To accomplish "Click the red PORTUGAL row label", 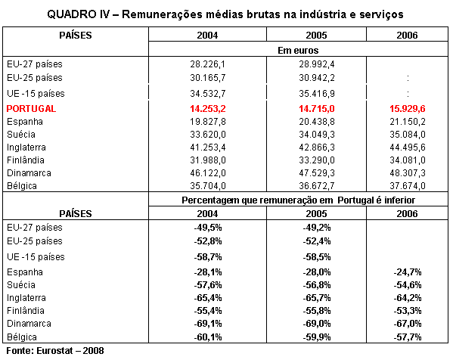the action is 31,109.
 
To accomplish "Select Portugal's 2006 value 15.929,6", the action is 408,109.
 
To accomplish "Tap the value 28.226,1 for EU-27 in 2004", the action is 207,64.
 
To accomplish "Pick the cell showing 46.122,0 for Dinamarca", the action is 208,173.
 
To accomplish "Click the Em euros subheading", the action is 298,50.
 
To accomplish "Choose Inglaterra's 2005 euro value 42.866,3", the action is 317,147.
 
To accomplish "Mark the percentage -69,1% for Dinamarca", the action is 208,323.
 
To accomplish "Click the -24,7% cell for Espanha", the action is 408,272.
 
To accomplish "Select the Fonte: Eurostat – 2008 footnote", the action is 55,351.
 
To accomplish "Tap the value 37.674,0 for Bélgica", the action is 408,186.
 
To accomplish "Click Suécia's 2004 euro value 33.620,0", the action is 208,135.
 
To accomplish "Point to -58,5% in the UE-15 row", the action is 317,257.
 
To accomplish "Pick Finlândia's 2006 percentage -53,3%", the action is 408,311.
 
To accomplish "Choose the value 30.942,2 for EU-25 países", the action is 317,78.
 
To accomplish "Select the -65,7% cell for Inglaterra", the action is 317,298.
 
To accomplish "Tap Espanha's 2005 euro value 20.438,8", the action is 317,122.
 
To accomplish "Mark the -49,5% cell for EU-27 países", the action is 208,228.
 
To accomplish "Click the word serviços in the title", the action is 381,14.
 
